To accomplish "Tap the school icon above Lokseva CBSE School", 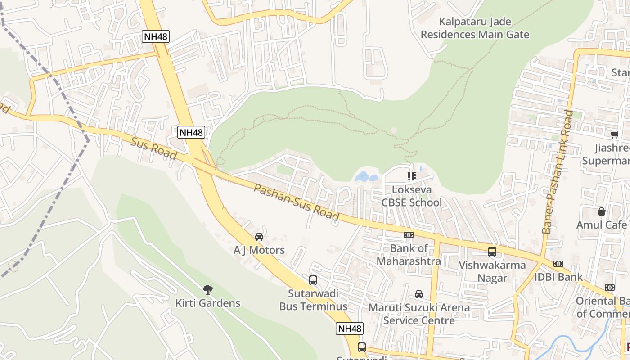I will click(x=411, y=176).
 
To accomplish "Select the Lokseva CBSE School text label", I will click(x=412, y=196).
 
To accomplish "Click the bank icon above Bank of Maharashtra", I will click(x=409, y=235).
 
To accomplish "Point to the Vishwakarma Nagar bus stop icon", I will click(x=492, y=252).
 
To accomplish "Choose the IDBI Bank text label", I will click(x=558, y=277).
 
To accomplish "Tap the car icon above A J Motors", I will click(x=259, y=237).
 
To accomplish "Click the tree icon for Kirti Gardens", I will click(x=207, y=289).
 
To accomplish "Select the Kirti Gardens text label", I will click(x=208, y=303).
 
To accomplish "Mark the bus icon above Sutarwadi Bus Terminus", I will click(x=313, y=280).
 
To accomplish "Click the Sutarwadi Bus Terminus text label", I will click(x=313, y=300).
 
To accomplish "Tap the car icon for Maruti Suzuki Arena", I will click(x=419, y=294).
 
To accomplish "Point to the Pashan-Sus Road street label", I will click(x=296, y=202).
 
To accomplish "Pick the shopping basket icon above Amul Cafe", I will click(x=602, y=211).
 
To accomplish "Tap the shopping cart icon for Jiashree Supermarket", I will click(x=614, y=135).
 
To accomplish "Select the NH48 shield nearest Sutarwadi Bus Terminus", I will click(x=350, y=328).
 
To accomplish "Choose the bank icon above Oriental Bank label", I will click(x=610, y=288).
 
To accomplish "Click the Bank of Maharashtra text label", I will click(x=409, y=255).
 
